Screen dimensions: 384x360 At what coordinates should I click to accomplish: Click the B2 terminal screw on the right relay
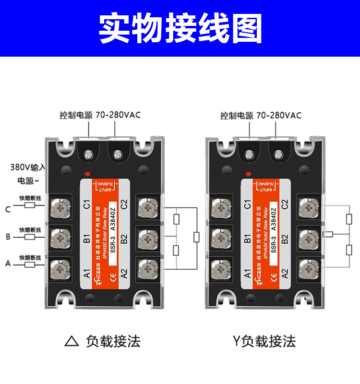click(x=308, y=236)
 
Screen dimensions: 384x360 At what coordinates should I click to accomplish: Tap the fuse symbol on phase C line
click(x=30, y=205)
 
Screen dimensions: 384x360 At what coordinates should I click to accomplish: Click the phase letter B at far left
click(x=8, y=237)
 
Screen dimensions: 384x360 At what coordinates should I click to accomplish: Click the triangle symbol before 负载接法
click(x=72, y=341)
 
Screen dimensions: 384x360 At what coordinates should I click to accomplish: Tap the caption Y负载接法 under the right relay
click(x=264, y=341)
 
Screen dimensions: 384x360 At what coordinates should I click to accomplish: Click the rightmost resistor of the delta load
click(x=196, y=237)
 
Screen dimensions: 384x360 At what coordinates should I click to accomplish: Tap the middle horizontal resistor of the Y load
click(x=328, y=235)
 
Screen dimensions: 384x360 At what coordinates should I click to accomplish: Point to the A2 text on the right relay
click(x=285, y=273)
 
